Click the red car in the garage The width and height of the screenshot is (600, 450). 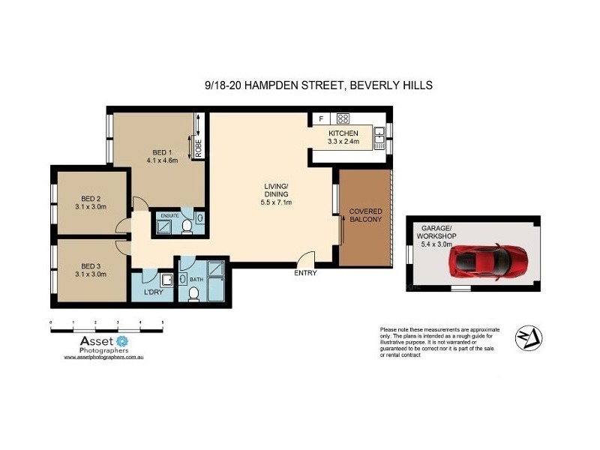pos(488,261)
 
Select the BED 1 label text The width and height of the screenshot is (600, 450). pos(161,150)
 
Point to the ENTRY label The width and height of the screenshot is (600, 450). pos(305,273)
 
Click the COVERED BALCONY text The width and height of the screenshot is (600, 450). pos(365,215)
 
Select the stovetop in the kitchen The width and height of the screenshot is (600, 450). pos(343,118)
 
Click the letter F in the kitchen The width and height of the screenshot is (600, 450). pos(321,118)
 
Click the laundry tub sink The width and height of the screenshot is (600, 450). pos(166,280)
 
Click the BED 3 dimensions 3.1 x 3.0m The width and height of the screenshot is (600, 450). pos(94,274)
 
